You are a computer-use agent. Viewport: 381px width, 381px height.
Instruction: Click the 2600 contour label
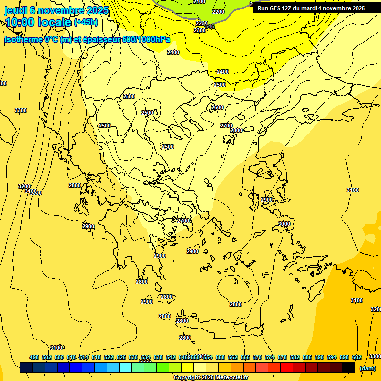217,107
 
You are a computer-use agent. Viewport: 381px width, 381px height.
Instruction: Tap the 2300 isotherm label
199,30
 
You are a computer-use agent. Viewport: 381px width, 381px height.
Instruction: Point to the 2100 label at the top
199,2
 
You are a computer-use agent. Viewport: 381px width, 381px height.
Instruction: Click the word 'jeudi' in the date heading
16,10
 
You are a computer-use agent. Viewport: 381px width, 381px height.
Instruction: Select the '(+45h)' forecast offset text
86,22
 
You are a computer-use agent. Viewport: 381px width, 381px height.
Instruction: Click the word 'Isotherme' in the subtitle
23,40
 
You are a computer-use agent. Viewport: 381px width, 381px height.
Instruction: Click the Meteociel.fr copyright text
210,378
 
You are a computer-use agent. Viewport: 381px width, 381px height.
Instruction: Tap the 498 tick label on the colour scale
34,357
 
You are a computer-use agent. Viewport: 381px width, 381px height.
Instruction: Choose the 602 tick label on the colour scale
357,357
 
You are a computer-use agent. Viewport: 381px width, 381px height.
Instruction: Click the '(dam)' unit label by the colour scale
367,368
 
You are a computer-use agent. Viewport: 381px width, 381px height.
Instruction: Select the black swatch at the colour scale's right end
349,368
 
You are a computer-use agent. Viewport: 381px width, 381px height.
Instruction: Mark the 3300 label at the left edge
21,110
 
